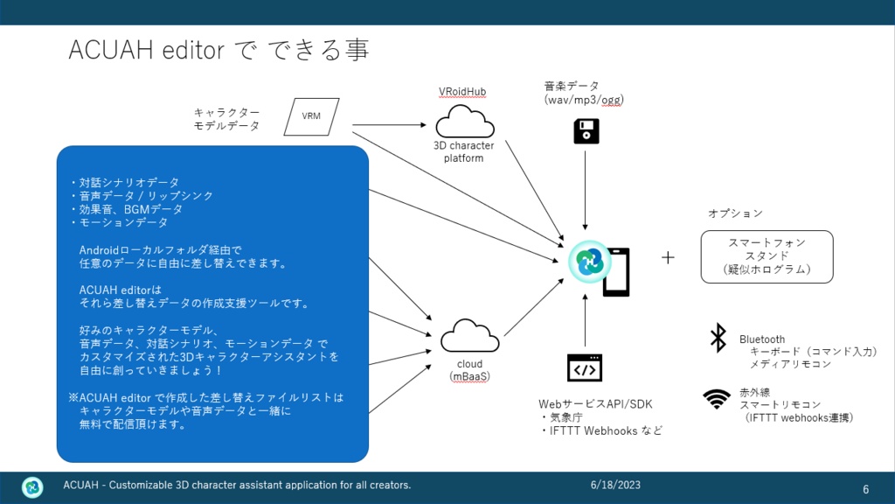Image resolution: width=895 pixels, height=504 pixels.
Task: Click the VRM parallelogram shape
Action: [x=312, y=116]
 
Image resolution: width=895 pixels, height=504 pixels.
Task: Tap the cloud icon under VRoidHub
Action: [x=465, y=122]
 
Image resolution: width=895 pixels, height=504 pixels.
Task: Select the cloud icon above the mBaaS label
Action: [x=469, y=336]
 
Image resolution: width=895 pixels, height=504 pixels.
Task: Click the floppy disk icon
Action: [x=586, y=131]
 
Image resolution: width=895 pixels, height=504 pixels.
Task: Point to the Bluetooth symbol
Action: [x=718, y=337]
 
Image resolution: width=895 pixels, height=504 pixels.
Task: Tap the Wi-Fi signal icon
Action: [x=717, y=399]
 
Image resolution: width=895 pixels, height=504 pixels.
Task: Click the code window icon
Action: [x=585, y=368]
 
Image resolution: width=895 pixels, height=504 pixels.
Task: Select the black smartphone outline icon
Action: [x=617, y=272]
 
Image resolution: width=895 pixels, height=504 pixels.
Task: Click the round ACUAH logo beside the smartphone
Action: [x=590, y=262]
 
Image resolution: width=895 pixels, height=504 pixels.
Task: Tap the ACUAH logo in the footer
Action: [x=32, y=486]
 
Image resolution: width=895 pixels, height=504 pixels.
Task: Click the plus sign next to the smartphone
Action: [x=668, y=258]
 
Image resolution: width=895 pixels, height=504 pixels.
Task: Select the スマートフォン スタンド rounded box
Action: [x=767, y=256]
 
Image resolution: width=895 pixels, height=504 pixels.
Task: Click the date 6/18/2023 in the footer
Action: [x=615, y=485]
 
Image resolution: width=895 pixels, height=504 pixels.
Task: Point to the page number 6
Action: [x=866, y=489]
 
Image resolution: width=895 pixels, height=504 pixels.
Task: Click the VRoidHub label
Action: [x=462, y=91]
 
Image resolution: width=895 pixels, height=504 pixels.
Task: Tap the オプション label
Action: [x=735, y=213]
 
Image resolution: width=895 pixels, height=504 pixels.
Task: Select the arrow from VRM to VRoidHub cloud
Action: [x=389, y=124]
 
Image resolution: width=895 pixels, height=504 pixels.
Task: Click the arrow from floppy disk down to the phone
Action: [x=585, y=190]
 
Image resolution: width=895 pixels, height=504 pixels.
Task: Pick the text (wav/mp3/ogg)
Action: [x=584, y=100]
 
